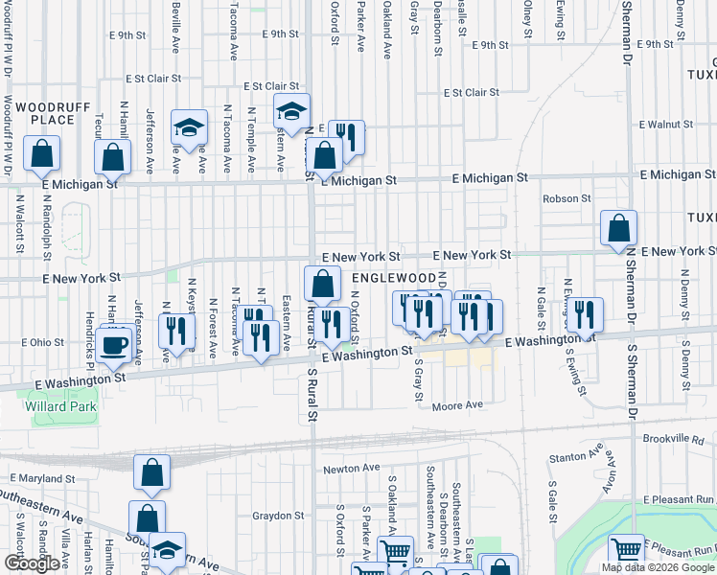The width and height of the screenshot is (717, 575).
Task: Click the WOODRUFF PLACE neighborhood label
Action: coord(45,112)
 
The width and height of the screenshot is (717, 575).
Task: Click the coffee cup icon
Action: coord(114,344)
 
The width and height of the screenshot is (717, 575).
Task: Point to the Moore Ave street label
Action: coord(457,405)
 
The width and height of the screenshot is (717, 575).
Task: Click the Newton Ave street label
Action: coord(352,469)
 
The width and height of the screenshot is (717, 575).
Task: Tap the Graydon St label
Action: coord(278,516)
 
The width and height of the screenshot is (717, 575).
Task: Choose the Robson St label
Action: coord(567,198)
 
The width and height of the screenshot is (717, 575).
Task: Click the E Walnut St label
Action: coord(666,125)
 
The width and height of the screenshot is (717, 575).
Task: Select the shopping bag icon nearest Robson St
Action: coord(618,228)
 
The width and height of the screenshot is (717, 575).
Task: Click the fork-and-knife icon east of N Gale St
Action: coord(584,313)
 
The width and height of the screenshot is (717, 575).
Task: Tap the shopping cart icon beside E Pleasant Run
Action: coord(627,551)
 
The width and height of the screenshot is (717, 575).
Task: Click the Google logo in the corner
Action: coord(32,564)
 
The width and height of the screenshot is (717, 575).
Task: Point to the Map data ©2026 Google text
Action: coord(659,567)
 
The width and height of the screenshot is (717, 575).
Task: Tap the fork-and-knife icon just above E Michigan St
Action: coord(346,137)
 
